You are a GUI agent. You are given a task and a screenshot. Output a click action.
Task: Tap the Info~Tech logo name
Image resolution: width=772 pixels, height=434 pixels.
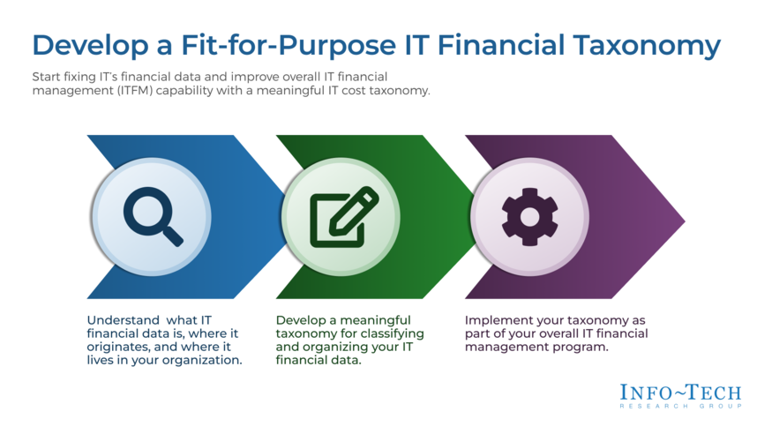click(679, 393)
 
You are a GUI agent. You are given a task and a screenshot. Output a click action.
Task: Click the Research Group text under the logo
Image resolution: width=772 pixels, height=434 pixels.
click(679, 406)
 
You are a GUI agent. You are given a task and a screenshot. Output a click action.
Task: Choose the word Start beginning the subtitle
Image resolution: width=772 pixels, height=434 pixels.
click(47, 77)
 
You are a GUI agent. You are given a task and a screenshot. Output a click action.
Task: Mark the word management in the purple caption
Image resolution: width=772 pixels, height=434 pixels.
click(499, 348)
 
